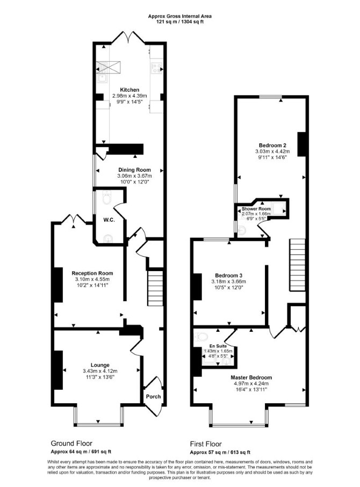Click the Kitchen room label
pyautogui.click(x=129, y=90)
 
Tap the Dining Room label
pyautogui.click(x=134, y=170)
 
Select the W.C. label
pyautogui.click(x=109, y=220)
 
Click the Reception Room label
pyautogui.click(x=92, y=273)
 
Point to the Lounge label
pyautogui.click(x=100, y=365)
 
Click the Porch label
pyautogui.click(x=153, y=396)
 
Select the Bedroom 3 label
pyautogui.click(x=228, y=275)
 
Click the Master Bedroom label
pyautogui.click(x=251, y=377)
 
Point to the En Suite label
pyautogui.click(x=218, y=346)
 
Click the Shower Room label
pyautogui.click(x=256, y=209)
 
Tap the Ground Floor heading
pyautogui.click(x=71, y=443)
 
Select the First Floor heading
pyautogui.click(x=206, y=444)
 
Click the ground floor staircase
pyautogui.click(x=155, y=288)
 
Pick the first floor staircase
pyautogui.click(x=298, y=265)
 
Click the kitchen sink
pyautogui.click(x=102, y=78)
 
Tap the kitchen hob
pyautogui.click(x=156, y=68)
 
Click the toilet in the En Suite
pyautogui.click(x=202, y=337)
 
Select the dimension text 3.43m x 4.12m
pyautogui.click(x=100, y=371)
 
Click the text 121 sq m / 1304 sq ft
pyautogui.click(x=179, y=21)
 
